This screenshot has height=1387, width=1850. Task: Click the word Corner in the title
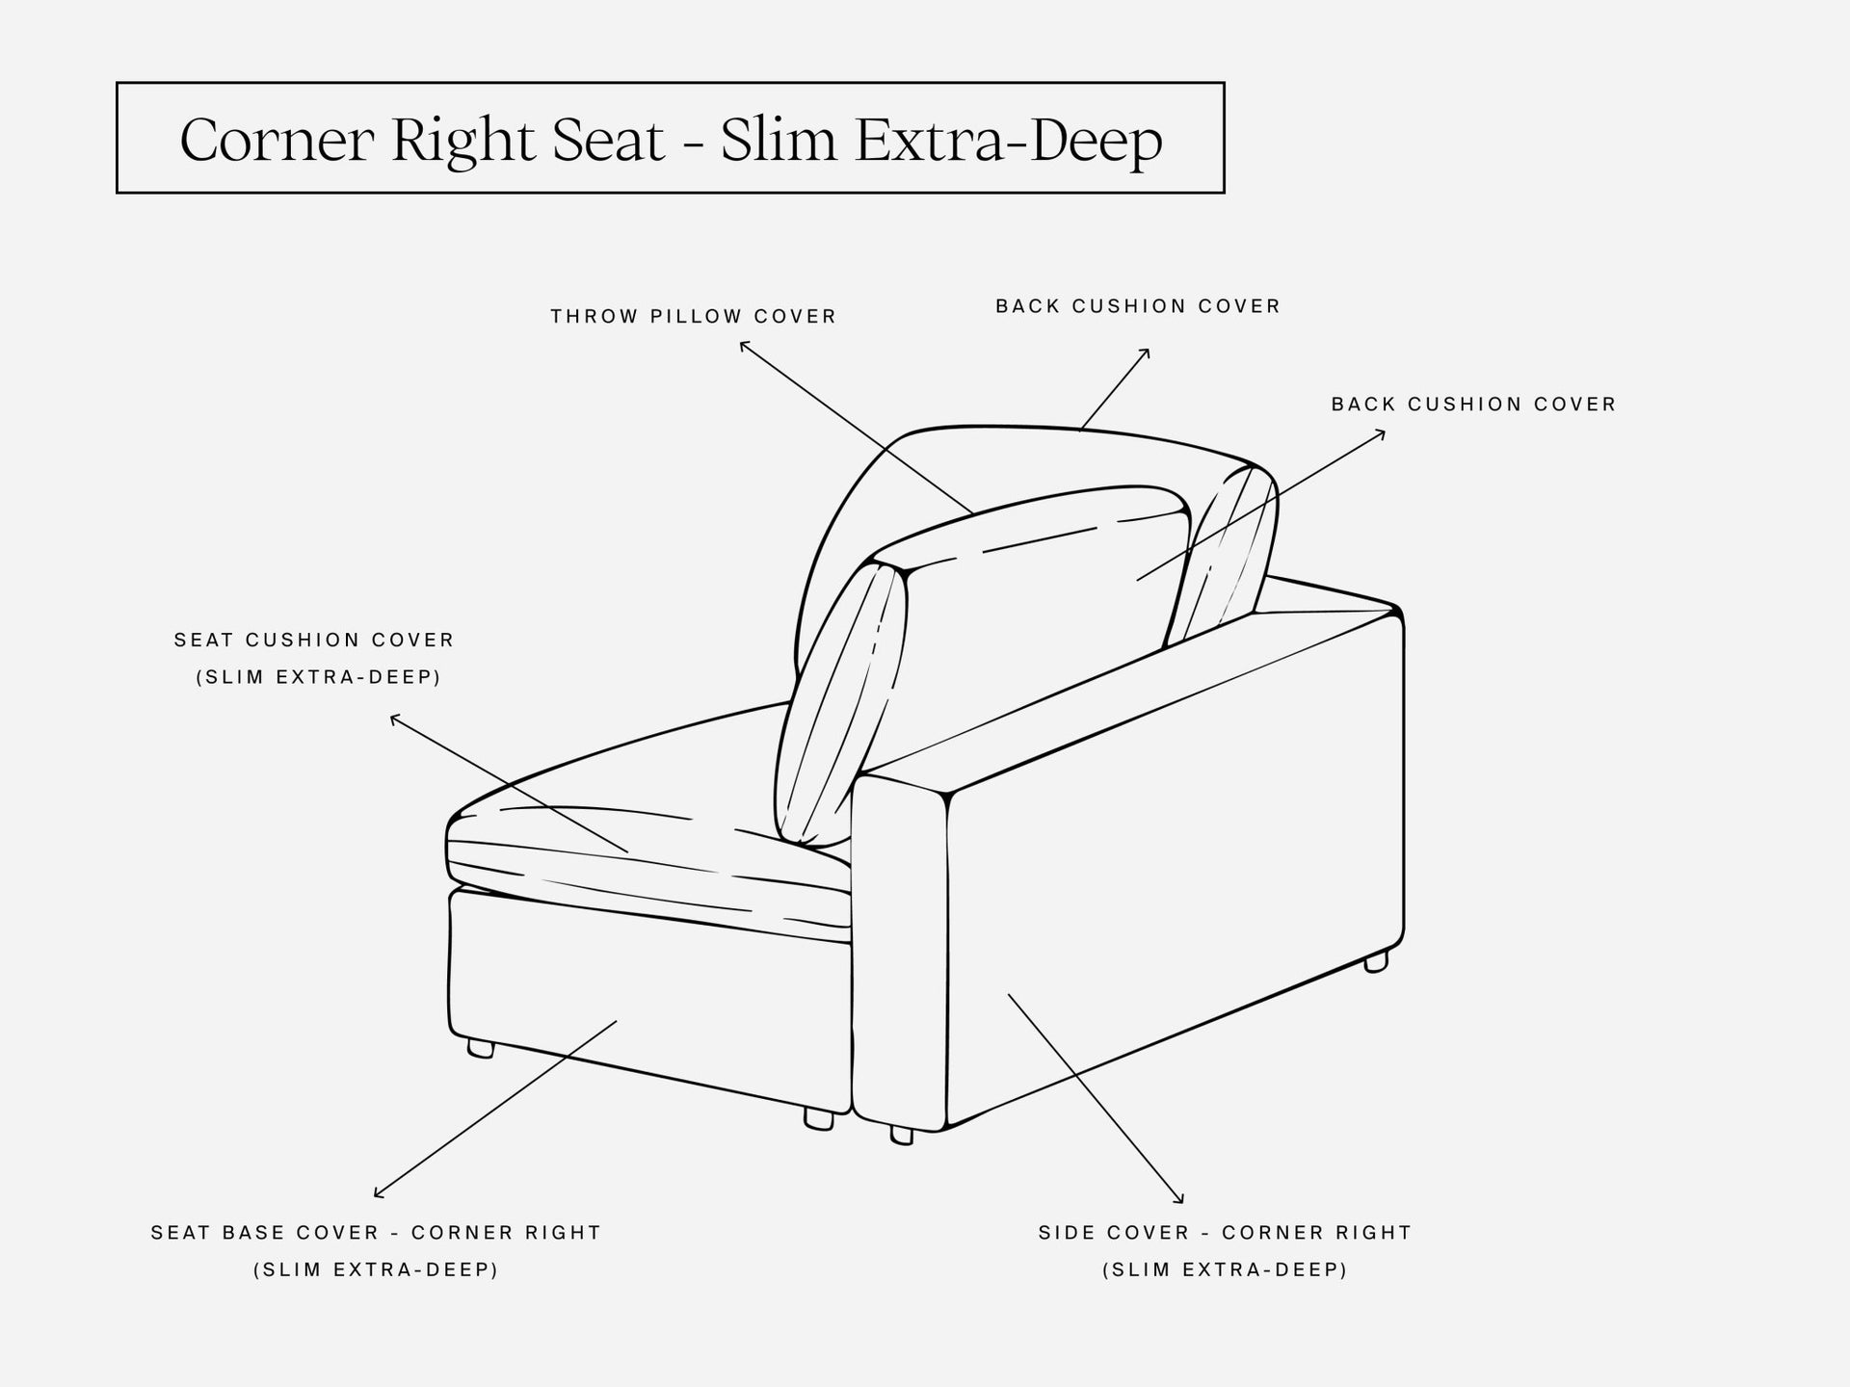tap(277, 141)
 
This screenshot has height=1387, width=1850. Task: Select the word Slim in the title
tap(778, 140)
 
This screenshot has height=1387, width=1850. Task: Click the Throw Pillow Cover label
tap(694, 316)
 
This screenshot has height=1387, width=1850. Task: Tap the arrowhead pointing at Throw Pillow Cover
tap(743, 345)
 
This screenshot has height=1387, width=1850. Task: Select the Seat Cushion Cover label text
tap(314, 640)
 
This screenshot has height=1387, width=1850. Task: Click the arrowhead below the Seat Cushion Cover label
tap(394, 719)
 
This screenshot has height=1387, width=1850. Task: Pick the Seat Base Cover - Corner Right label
tap(376, 1232)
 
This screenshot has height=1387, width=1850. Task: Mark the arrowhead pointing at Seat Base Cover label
tap(379, 1194)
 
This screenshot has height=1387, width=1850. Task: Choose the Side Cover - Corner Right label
tap(1225, 1232)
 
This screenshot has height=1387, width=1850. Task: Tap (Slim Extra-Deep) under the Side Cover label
tap(1225, 1269)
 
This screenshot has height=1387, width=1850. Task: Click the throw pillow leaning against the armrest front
tap(841, 703)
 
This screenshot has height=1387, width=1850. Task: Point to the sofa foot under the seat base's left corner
tap(481, 1048)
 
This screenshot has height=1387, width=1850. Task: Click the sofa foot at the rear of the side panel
tap(1377, 960)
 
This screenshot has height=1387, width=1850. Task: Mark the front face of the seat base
tap(650, 1002)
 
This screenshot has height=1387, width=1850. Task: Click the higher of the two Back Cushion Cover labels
tap(1138, 306)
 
